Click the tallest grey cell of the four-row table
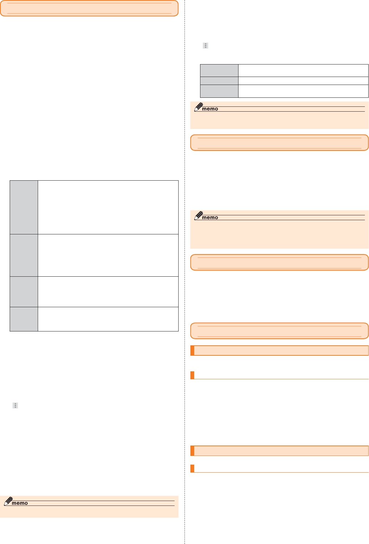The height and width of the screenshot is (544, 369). pos(24,207)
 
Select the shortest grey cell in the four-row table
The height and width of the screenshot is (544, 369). pos(24,319)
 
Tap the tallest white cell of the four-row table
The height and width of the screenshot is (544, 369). pos(108,207)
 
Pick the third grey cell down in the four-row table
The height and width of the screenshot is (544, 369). pos(24,292)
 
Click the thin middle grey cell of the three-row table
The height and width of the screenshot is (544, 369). pos(219,81)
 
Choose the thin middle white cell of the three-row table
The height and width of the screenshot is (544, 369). pos(303,81)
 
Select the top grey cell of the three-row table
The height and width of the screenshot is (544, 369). pos(219,70)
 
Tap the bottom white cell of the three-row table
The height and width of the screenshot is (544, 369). pos(303,91)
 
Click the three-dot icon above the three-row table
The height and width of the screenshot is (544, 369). pos(205,46)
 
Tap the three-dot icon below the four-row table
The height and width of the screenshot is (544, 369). pos(15,405)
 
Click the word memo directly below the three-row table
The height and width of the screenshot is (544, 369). pos(210,109)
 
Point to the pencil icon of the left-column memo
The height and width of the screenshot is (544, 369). pos(8,501)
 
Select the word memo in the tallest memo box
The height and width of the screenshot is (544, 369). pos(210,218)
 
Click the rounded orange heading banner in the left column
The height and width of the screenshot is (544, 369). pos(89,8)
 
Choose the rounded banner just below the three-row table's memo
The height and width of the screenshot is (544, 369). pos(279,143)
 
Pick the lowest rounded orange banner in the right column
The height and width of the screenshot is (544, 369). pos(279,331)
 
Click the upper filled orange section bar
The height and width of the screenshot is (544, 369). pos(279,351)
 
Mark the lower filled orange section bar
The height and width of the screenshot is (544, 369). pos(279,451)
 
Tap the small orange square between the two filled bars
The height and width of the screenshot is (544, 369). pos(192,375)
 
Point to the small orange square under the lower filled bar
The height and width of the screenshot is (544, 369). pos(192,468)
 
